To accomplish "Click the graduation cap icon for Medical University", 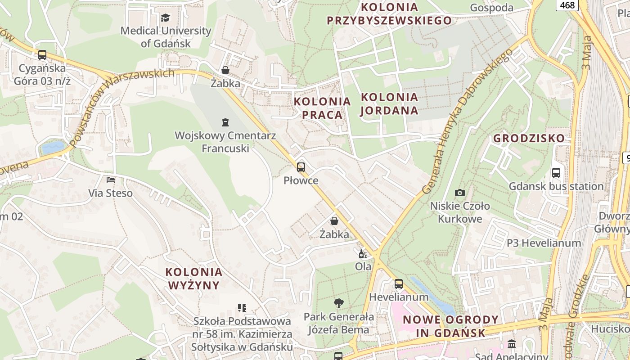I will click(x=166, y=18).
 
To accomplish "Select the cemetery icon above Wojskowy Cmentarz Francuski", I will click(x=225, y=122).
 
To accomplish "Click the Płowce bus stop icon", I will click(x=301, y=167).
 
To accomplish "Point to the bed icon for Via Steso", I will click(x=111, y=180).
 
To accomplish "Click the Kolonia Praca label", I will click(x=322, y=108).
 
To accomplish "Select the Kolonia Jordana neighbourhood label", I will click(x=389, y=103).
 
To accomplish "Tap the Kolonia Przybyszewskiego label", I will click(x=389, y=13).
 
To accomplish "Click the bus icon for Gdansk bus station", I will click(x=556, y=173).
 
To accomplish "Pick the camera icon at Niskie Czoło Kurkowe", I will click(x=459, y=193).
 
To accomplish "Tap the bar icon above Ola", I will click(x=363, y=254).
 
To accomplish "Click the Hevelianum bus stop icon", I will click(x=399, y=284).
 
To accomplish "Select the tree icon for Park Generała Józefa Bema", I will click(x=338, y=303).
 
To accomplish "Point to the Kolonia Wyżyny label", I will click(x=194, y=279).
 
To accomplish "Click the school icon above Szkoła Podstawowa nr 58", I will click(x=242, y=308).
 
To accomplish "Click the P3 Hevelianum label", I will click(x=544, y=243).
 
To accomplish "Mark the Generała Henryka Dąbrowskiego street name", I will click(x=468, y=121).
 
